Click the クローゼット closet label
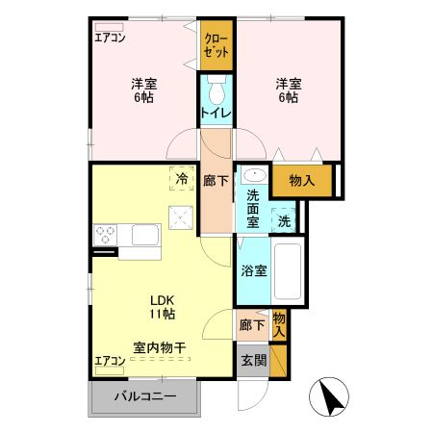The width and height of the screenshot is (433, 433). [216, 46]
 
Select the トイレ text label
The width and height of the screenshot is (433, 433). [216, 115]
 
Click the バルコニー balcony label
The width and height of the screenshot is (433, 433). [145, 396]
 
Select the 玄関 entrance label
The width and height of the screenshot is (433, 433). [253, 361]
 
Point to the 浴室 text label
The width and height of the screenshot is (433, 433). [254, 270]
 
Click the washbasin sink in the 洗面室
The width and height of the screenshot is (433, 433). [254, 176]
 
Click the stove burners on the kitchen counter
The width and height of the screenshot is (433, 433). [106, 235]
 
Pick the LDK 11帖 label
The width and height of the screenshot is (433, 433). [161, 306]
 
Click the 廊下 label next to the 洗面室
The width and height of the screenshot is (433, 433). [216, 179]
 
